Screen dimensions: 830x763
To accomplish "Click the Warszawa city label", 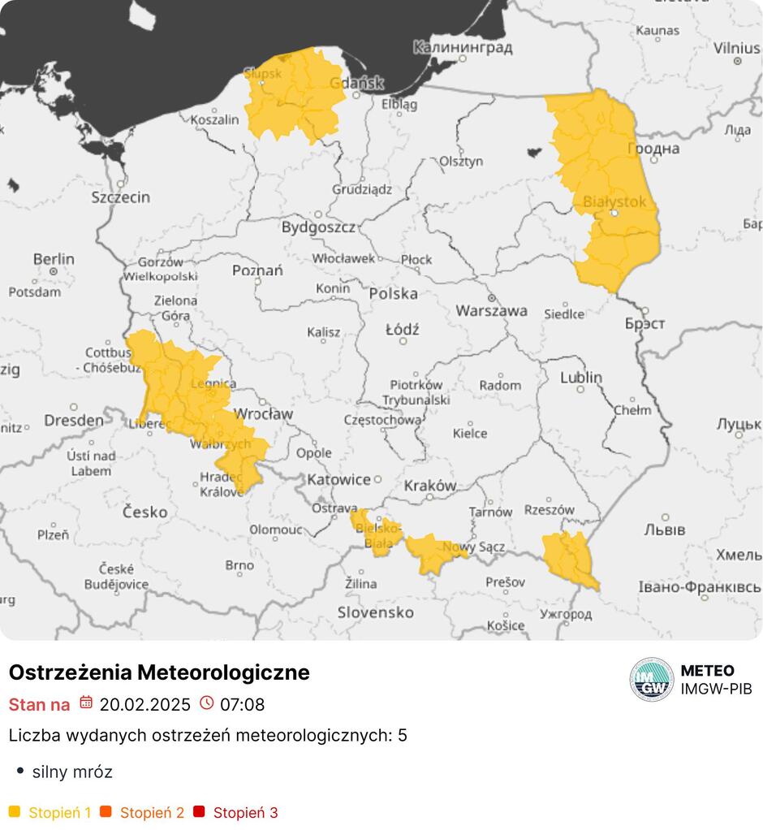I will (491, 310).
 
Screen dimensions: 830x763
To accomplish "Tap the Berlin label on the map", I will (54, 259).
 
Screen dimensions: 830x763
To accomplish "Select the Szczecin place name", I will (120, 197).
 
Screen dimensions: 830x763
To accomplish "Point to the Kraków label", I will (429, 485).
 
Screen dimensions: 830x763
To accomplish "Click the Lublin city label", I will (581, 377).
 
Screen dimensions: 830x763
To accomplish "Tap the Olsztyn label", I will (460, 161).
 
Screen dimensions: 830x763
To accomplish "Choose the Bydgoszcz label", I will (318, 227).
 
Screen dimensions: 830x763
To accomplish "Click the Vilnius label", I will (737, 47).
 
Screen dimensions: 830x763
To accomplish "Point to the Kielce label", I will (470, 433).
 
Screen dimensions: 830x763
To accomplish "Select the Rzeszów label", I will (550, 510).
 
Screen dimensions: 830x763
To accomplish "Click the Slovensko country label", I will (376, 612).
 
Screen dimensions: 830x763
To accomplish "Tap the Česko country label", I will (145, 512).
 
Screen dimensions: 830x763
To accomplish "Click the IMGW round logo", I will (651, 679).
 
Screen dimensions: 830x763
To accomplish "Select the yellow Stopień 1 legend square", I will (14, 811).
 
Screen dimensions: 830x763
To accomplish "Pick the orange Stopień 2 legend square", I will (106, 811).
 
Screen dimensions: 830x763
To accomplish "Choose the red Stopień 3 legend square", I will (198, 811).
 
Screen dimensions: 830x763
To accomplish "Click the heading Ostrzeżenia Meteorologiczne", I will (159, 672).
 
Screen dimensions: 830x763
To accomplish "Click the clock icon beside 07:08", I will (206, 703).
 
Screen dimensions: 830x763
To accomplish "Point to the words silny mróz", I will (72, 772).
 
